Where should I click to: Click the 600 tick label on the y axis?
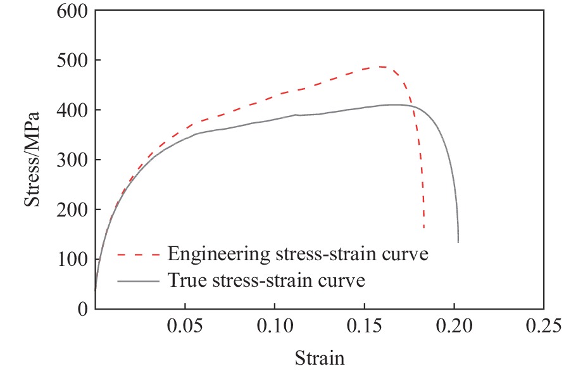point(73,11)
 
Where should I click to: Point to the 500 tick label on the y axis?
point(73,61)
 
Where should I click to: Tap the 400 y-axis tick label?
point(73,110)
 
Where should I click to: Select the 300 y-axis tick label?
point(73,160)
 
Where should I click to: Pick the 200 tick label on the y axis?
point(73,210)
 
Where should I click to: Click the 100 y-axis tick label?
point(73,260)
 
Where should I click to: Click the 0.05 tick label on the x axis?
point(185,326)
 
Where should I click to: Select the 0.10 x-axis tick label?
point(275,326)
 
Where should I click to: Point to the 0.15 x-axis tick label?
point(365,326)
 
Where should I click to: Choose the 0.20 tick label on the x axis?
point(454,326)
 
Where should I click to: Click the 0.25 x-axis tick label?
point(544,326)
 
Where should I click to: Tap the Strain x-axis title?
point(319,358)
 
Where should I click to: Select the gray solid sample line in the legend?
point(137,280)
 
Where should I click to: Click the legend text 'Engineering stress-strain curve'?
point(298,255)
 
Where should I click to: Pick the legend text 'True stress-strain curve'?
point(266,280)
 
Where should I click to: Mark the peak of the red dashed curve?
point(379,66)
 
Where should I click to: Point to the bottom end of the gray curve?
point(458,242)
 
